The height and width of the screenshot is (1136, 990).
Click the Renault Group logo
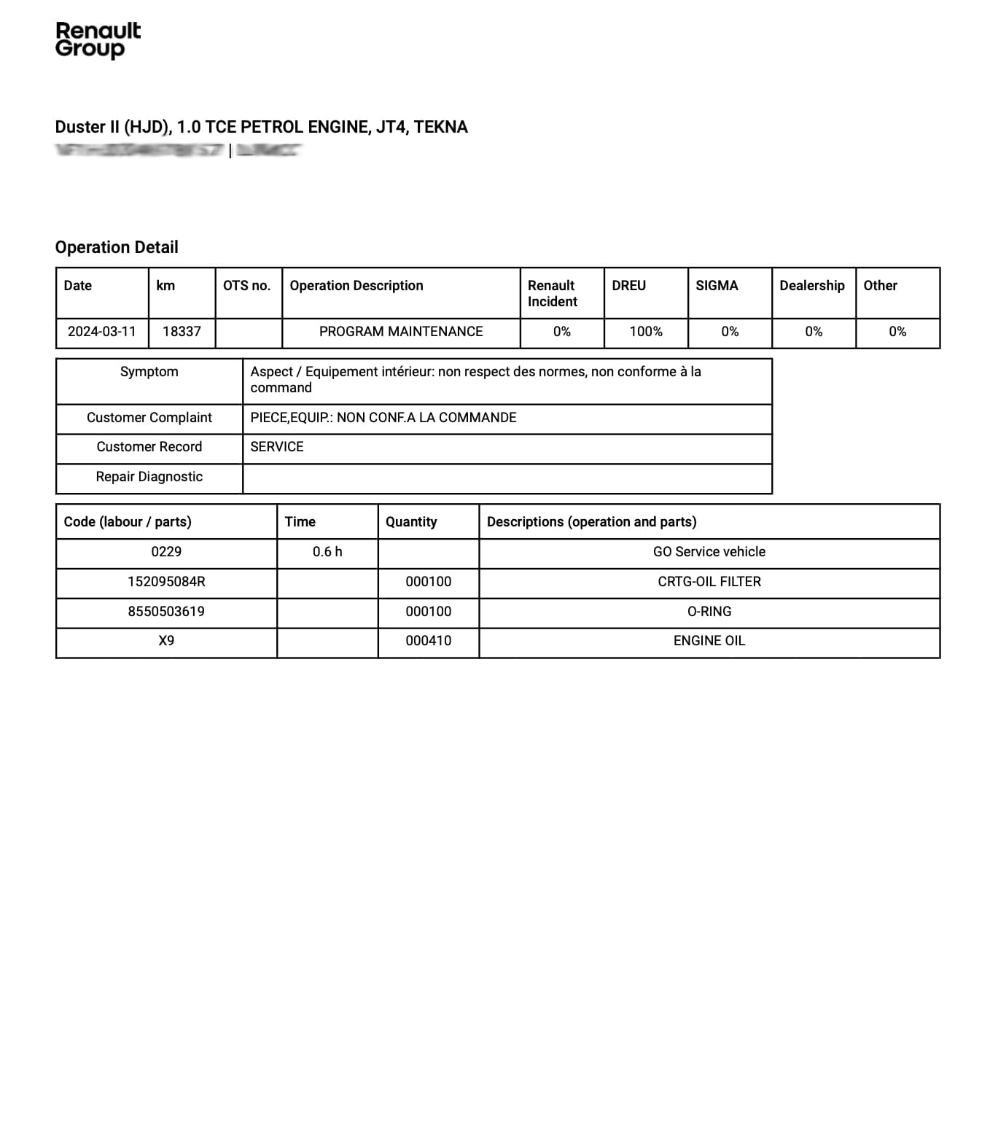(98, 39)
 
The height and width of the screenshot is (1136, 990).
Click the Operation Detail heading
(117, 247)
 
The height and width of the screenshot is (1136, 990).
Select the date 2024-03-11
(102, 332)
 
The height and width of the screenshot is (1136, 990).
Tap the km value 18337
(182, 332)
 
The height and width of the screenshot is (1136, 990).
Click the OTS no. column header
(246, 286)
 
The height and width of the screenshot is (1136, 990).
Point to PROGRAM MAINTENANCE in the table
(401, 332)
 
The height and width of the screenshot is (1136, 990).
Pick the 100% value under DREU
(646, 332)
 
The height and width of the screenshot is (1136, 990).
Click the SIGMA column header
(717, 286)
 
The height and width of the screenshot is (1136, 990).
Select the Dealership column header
(812, 286)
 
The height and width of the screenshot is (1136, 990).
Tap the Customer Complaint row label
(149, 418)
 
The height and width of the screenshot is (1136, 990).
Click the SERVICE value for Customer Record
(277, 447)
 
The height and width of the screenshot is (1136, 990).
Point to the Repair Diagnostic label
(149, 477)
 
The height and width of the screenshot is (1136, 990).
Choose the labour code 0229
(166, 552)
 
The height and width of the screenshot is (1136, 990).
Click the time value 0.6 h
(327, 552)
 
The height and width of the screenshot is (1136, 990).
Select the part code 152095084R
(166, 582)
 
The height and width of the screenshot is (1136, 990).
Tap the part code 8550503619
(166, 612)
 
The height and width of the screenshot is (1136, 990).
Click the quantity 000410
(429, 641)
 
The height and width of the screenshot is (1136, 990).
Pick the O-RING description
(709, 612)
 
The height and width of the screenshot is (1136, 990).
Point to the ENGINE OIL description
(709, 641)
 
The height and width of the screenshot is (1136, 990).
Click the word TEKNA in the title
(441, 127)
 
